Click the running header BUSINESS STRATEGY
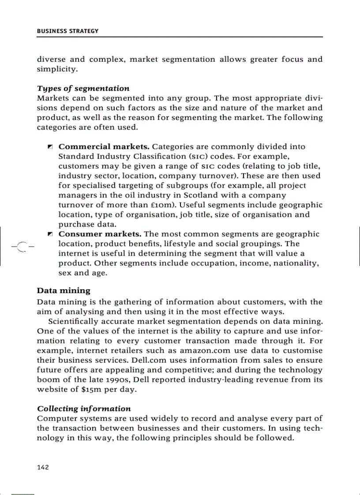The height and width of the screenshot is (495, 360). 67,31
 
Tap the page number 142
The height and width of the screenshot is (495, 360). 43,467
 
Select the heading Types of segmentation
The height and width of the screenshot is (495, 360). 83,88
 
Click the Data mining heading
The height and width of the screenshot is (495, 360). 64,290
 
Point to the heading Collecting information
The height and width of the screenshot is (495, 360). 84,409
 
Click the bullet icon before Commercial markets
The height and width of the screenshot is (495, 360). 50,147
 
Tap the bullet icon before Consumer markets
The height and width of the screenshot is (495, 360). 50,234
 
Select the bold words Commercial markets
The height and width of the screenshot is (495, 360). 104,146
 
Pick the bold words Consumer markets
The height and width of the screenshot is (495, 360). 100,234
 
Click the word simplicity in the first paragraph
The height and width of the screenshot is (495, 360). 57,69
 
